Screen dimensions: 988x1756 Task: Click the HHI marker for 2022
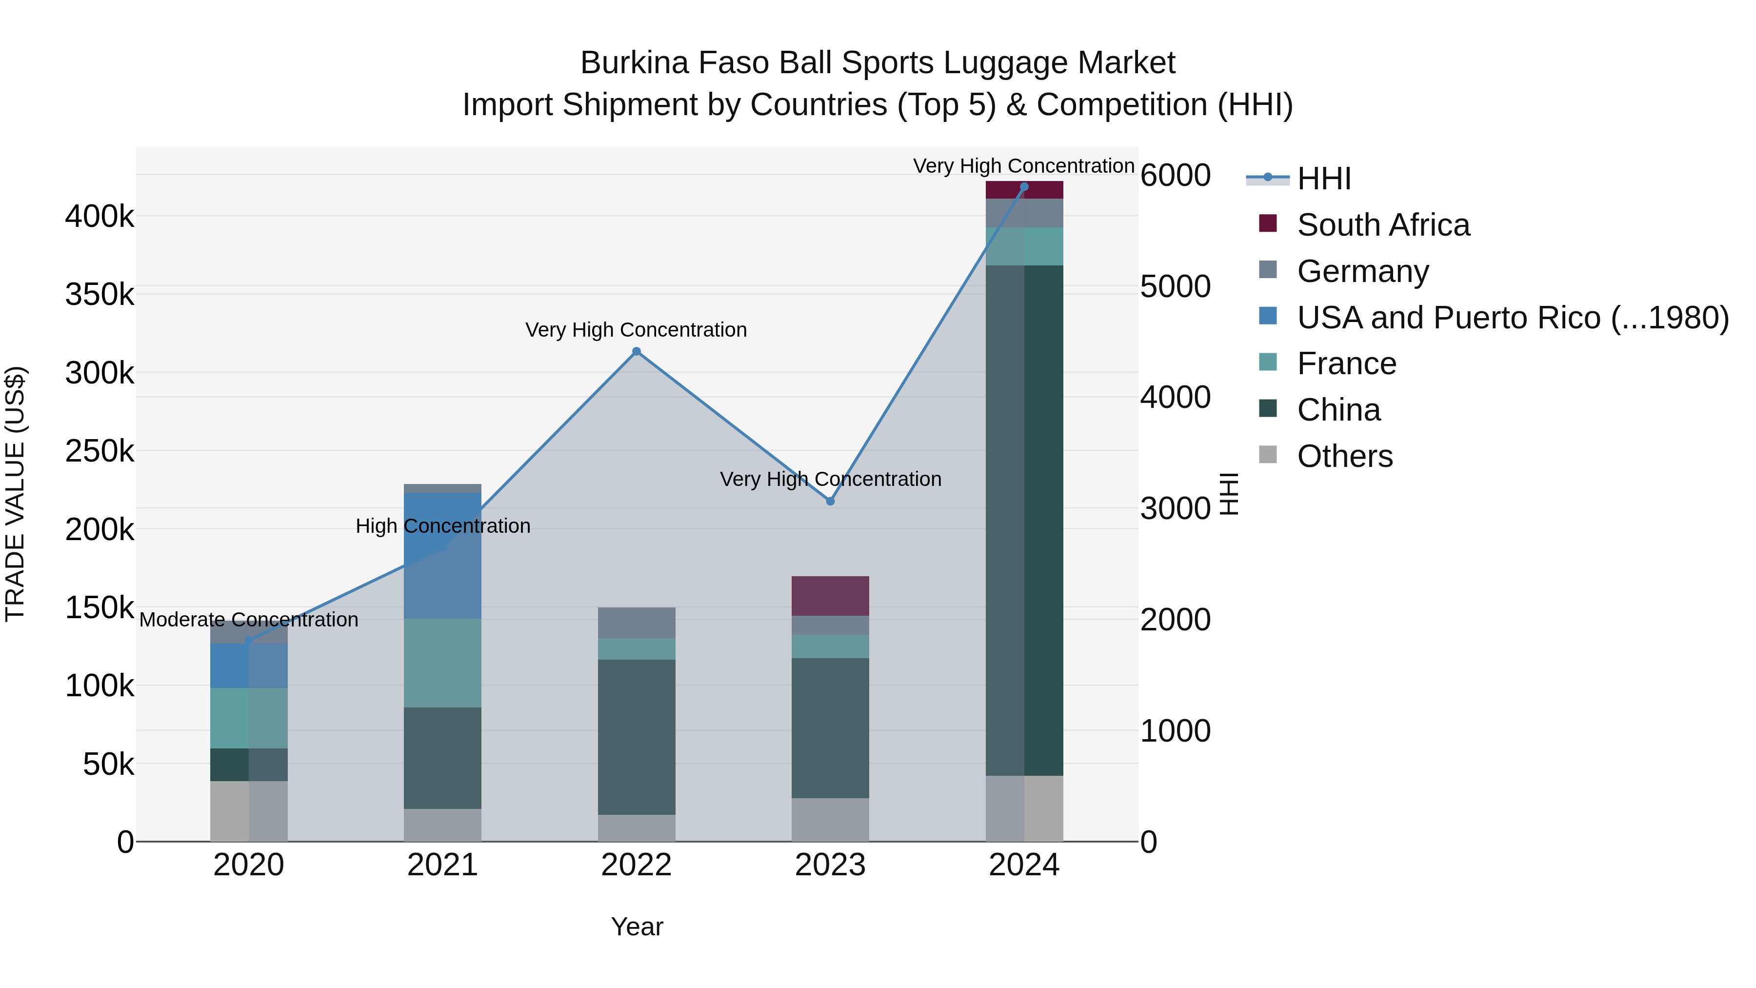click(636, 352)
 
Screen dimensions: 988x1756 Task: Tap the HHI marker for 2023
click(830, 501)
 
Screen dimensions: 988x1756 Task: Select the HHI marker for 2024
click(1024, 187)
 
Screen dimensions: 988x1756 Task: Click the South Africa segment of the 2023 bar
click(830, 596)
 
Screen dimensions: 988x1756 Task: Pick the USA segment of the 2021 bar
click(442, 555)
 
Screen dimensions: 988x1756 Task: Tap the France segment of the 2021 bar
click(442, 663)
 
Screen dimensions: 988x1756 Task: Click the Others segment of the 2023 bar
click(830, 820)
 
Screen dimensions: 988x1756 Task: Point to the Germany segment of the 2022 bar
click(636, 623)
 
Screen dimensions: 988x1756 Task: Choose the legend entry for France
click(1346, 363)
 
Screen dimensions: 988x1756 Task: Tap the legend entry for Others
click(1344, 456)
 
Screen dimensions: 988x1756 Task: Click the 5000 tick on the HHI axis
click(1175, 286)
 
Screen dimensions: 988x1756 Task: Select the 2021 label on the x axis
click(442, 865)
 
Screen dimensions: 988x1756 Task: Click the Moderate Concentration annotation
click(249, 620)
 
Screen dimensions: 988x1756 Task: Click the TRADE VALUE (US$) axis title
click(15, 494)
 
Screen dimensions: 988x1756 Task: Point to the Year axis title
click(637, 927)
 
